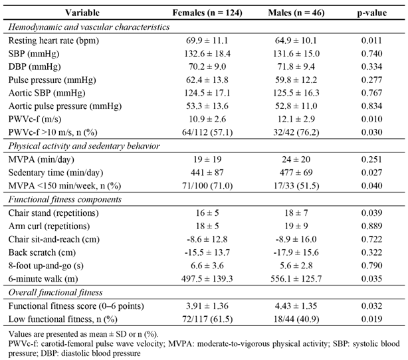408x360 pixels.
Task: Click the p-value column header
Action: [x=371, y=13]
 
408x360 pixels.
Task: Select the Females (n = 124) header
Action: [x=207, y=13]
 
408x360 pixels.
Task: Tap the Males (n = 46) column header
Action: [x=296, y=13]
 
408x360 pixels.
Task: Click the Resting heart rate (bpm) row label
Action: [x=54, y=41]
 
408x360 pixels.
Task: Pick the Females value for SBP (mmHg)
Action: [x=207, y=54]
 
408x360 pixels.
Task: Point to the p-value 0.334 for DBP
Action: [x=371, y=66]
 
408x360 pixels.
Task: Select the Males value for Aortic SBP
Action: [x=296, y=93]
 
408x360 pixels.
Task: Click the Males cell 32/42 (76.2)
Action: [x=296, y=132]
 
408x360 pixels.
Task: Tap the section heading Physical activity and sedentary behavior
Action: [x=84, y=146]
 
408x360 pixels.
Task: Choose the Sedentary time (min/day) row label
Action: [x=56, y=173]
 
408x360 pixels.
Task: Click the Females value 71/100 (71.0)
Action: [x=207, y=186]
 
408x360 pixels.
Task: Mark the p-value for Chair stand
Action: [x=371, y=213]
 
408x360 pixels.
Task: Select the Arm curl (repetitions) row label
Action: [x=49, y=226]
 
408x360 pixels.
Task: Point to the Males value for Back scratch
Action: [x=296, y=252]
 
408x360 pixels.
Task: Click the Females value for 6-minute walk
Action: [x=207, y=278]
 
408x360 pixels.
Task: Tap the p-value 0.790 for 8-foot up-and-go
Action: [x=371, y=265]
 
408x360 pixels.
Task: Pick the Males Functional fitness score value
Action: [x=296, y=306]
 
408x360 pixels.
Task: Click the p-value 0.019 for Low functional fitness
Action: [x=371, y=319]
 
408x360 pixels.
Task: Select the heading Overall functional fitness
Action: [x=55, y=292]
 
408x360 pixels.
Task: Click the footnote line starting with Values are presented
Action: [x=83, y=334]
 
